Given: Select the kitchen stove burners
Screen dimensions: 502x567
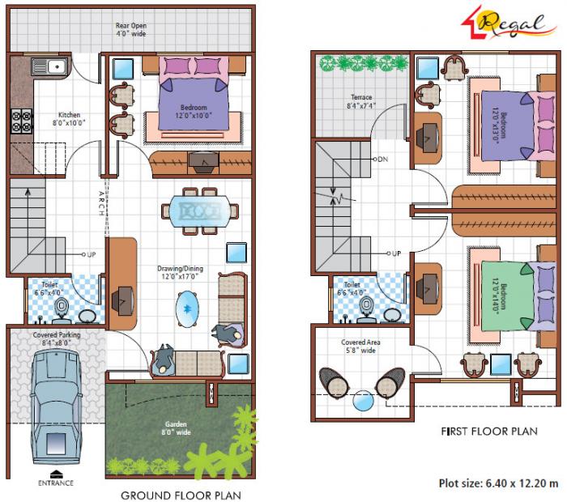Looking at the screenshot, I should click(21, 121).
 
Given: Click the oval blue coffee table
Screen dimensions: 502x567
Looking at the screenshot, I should click(187, 308).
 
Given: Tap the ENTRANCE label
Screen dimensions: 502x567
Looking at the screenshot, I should click(54, 483).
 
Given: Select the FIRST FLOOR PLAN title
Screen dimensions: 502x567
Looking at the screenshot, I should click(489, 432).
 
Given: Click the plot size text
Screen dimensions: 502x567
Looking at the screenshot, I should click(498, 483).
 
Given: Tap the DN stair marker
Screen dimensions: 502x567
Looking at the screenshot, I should click(382, 159).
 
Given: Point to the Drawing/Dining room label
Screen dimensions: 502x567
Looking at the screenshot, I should click(180, 273).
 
